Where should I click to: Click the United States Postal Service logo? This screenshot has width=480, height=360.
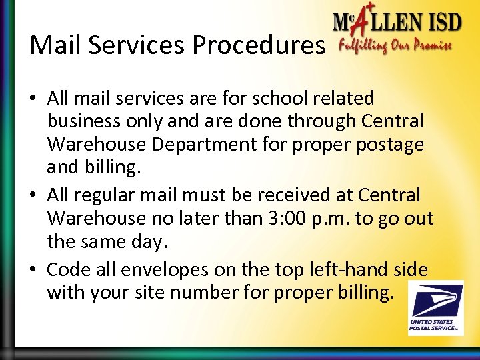(435, 307)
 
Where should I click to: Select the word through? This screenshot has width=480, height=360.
(314, 122)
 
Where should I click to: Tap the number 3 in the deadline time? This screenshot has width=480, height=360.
(286, 219)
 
